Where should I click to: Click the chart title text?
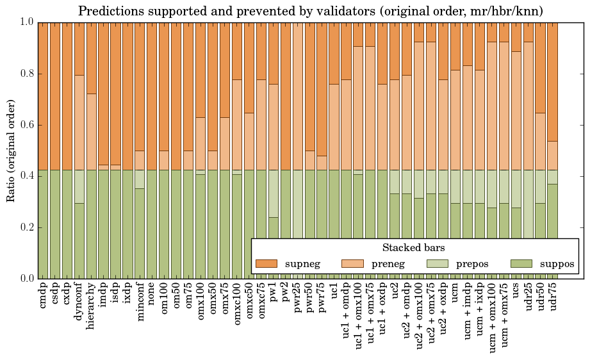click(x=311, y=11)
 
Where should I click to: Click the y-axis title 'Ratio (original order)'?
click(x=11, y=150)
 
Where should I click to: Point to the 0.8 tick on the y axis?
click(x=26, y=74)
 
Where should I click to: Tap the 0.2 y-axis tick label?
click(x=26, y=227)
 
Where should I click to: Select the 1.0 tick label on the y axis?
click(x=26, y=22)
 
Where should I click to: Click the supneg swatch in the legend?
click(x=265, y=263)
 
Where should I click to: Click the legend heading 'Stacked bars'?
click(x=414, y=248)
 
